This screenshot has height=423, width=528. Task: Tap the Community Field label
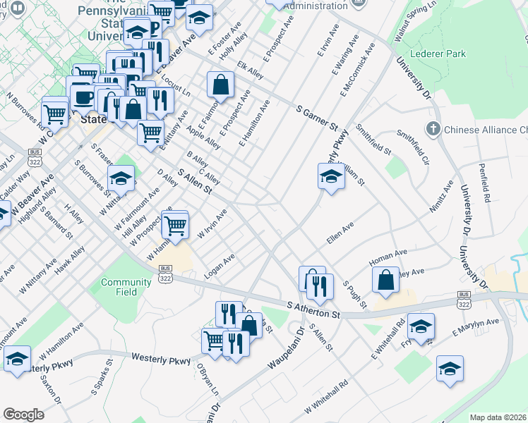126,287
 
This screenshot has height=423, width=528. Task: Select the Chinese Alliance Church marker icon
433,130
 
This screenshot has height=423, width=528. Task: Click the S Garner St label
317,117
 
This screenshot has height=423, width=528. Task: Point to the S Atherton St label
314,310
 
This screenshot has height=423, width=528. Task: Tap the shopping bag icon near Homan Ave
386,280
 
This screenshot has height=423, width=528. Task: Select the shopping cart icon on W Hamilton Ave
174,226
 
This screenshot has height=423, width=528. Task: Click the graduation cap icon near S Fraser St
121,179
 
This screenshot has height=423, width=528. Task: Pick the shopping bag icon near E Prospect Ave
221,85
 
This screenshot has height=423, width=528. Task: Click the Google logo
23,415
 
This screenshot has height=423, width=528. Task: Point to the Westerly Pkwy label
161,360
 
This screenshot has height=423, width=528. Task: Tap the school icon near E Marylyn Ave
421,326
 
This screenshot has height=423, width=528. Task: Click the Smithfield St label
373,140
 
